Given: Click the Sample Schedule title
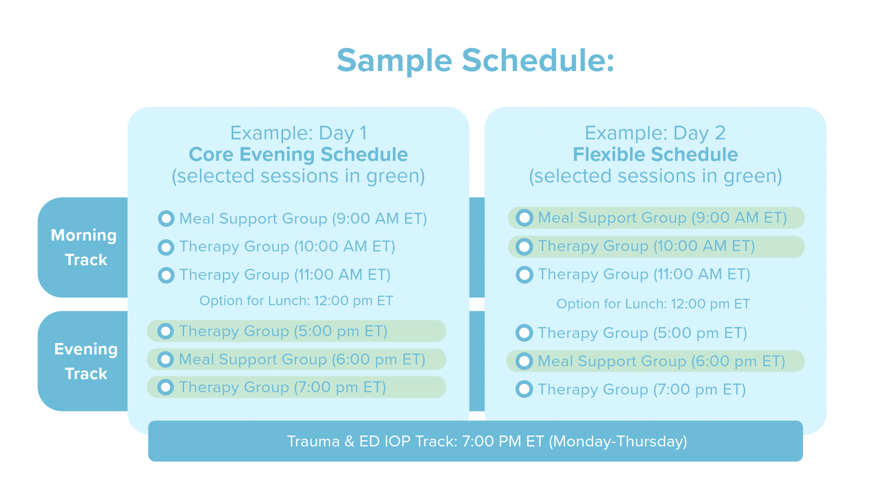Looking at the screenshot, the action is pyautogui.click(x=475, y=61).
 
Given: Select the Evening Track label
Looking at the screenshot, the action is pyautogui.click(x=86, y=361).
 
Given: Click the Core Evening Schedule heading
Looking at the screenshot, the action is pyautogui.click(x=298, y=154).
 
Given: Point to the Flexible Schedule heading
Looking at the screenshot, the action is pyautogui.click(x=655, y=154).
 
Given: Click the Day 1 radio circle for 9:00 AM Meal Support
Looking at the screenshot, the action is pyautogui.click(x=166, y=219).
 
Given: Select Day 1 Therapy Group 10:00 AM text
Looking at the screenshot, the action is pyautogui.click(x=287, y=246).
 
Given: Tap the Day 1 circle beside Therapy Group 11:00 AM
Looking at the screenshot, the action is pyautogui.click(x=166, y=275).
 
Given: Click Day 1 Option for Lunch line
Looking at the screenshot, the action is pyautogui.click(x=296, y=301).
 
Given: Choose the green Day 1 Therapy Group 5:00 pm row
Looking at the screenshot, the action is pyautogui.click(x=296, y=331).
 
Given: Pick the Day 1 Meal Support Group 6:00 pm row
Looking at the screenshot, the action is pyautogui.click(x=296, y=359).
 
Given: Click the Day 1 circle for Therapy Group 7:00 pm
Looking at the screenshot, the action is pyautogui.click(x=165, y=387).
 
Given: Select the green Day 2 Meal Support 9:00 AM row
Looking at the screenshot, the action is pyautogui.click(x=656, y=218).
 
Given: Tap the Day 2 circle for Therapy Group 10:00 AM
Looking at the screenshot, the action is pyautogui.click(x=524, y=246).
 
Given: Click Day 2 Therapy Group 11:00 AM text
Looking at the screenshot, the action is pyautogui.click(x=644, y=274).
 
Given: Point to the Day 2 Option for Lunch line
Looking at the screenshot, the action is pyautogui.click(x=653, y=304).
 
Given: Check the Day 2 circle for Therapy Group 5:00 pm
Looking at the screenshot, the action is pyautogui.click(x=524, y=333).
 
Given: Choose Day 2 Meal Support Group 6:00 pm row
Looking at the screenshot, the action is pyautogui.click(x=655, y=361).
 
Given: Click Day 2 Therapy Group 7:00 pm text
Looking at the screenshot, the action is pyautogui.click(x=642, y=389).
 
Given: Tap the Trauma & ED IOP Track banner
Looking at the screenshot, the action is pyautogui.click(x=475, y=441).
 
